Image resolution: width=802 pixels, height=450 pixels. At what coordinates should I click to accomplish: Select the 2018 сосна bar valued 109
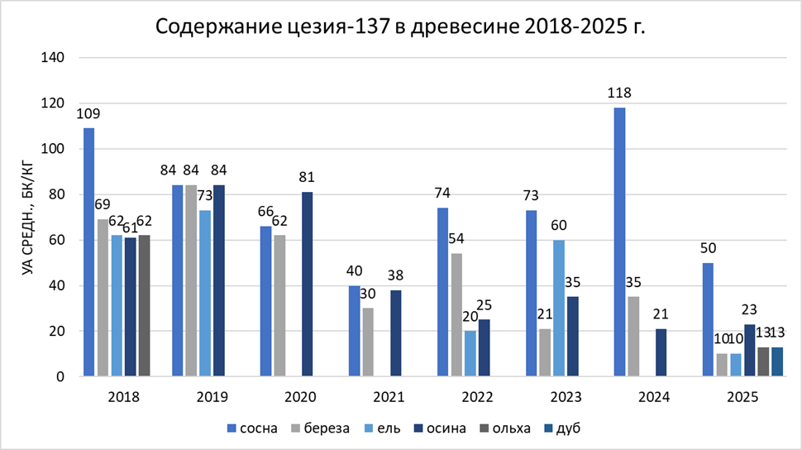click(88, 252)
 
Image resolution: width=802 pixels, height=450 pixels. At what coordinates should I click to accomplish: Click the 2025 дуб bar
click(777, 361)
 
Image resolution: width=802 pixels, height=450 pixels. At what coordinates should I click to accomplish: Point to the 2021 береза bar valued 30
click(368, 342)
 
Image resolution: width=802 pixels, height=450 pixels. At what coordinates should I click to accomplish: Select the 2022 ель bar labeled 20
click(470, 353)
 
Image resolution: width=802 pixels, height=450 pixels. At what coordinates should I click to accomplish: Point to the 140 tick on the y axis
click(54, 58)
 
